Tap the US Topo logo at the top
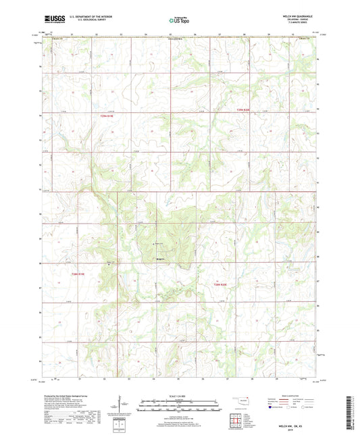tap(179, 20)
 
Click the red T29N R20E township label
tap(224, 109)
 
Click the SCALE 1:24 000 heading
tap(180, 395)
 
